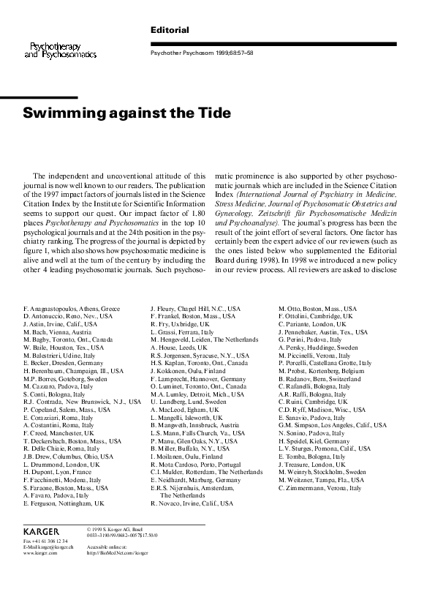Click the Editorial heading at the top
click(169, 30)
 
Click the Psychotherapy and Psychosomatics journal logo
click(61, 49)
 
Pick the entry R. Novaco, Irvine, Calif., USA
click(192, 504)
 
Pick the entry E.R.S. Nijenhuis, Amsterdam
click(195, 487)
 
